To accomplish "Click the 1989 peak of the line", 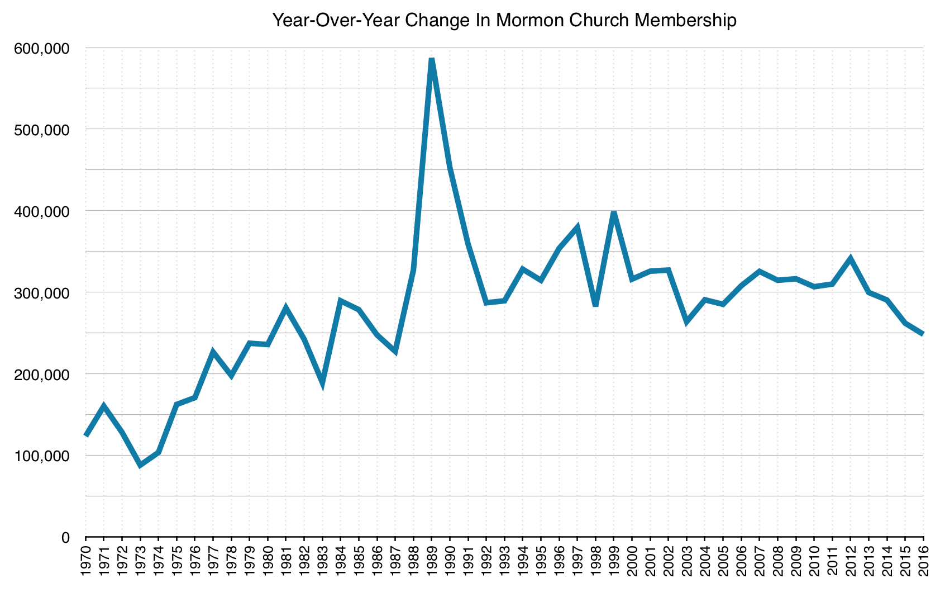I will click(x=432, y=60).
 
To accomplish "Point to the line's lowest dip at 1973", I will click(x=140, y=465).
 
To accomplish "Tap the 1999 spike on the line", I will click(x=614, y=213).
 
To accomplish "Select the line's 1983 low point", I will click(x=322, y=383).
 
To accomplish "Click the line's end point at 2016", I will click(x=923, y=334).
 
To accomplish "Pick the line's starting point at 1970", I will click(x=86, y=435).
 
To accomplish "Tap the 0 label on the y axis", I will click(x=65, y=538).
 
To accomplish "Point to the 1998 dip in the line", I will click(x=595, y=305).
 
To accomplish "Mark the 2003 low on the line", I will click(x=686, y=322).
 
